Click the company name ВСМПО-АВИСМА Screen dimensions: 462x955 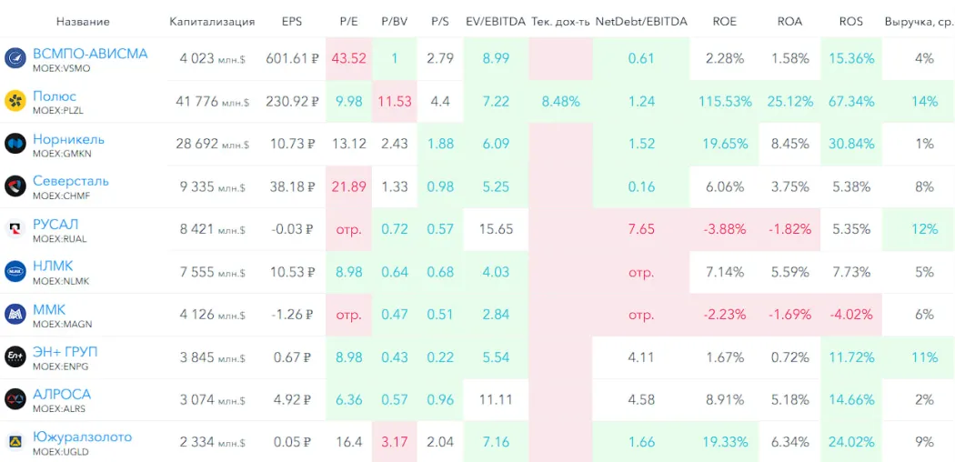coord(89,54)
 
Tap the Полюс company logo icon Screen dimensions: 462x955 coord(15,101)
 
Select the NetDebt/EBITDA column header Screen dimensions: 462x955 coord(641,21)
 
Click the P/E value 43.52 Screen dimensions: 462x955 coord(349,58)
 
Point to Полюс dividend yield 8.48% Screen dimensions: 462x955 coord(560,101)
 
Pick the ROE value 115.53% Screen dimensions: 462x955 coord(725,101)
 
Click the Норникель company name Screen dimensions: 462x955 coord(68,139)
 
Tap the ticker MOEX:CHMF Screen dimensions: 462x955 coord(62,196)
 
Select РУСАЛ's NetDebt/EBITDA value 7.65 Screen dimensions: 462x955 coord(641,229)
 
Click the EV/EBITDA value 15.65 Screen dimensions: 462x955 coord(496,229)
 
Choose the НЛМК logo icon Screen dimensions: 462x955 coord(15,272)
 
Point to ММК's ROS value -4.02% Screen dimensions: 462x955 coord(851,315)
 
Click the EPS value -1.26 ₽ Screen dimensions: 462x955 coord(292,315)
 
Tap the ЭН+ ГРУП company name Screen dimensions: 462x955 coord(65,352)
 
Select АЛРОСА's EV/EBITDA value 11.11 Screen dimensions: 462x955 coord(496,399)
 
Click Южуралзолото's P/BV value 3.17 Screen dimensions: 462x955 coord(395,442)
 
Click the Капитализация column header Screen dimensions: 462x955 coord(212,21)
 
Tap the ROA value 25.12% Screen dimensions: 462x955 coord(789,101)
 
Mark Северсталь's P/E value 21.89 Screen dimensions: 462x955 coord(349,186)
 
